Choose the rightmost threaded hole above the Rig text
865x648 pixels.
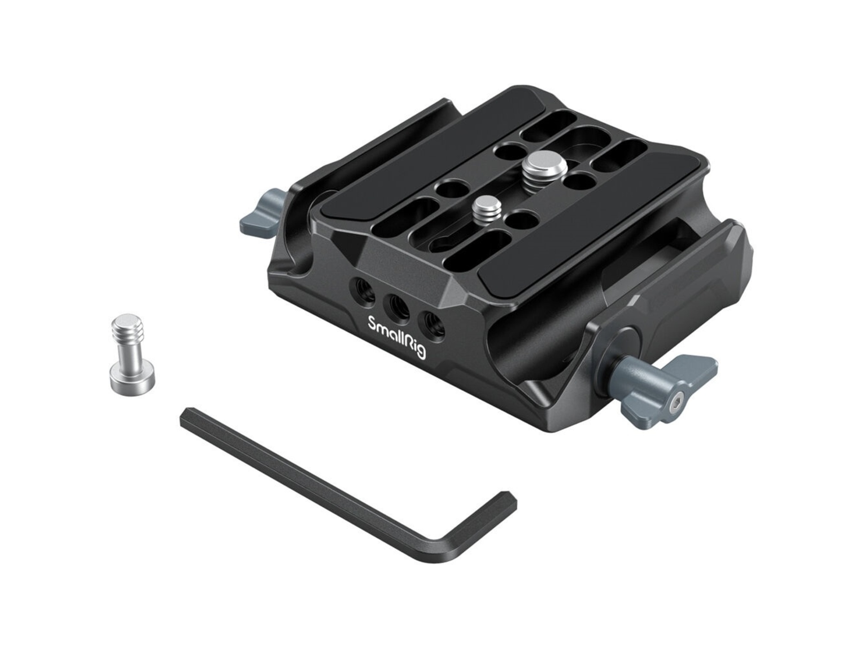(430, 322)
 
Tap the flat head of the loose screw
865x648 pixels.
(132, 382)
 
